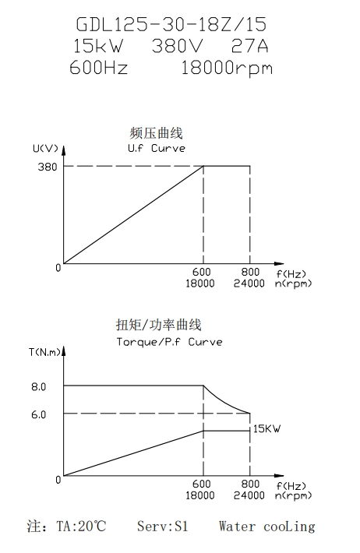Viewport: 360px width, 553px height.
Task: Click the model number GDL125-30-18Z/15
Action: (171, 25)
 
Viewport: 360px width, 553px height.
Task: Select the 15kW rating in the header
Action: (98, 46)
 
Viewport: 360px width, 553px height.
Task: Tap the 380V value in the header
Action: (178, 46)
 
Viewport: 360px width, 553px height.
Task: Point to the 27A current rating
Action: (250, 46)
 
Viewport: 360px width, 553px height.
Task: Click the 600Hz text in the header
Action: (98, 67)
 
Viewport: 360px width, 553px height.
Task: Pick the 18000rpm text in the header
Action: (227, 68)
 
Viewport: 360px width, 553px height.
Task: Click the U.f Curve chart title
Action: (157, 148)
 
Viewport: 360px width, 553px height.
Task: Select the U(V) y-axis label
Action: (45, 149)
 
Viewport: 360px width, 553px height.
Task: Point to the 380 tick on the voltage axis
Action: (48, 167)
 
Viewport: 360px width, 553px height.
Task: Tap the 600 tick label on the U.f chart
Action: (202, 272)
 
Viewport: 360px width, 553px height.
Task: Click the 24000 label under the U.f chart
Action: (249, 284)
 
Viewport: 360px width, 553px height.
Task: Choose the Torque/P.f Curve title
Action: (169, 342)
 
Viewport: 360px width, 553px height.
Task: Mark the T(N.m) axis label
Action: (45, 352)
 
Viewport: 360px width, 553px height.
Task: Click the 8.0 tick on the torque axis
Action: (38, 387)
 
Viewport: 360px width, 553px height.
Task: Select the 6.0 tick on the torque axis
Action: (38, 414)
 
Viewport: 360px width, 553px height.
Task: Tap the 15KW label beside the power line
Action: (266, 428)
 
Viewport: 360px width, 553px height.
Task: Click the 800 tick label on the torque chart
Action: (250, 484)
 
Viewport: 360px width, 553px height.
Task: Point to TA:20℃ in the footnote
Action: (81, 527)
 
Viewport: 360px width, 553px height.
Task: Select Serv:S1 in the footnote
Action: (163, 527)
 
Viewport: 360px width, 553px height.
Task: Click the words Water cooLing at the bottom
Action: (266, 527)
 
